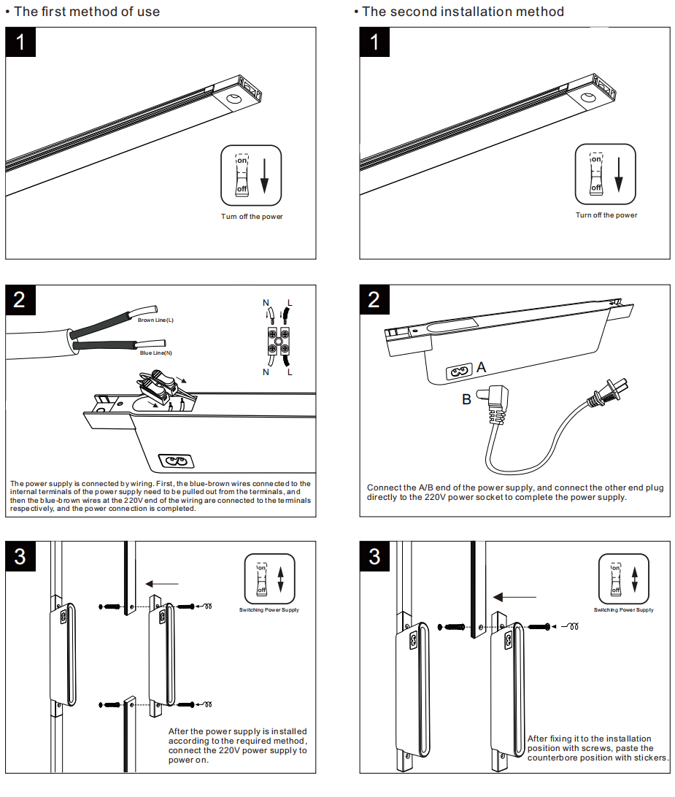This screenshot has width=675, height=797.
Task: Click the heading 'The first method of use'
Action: click(x=86, y=11)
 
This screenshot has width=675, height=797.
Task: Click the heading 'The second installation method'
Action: click(x=462, y=11)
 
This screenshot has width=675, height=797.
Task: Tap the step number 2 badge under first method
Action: click(x=20, y=299)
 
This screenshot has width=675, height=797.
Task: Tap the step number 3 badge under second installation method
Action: click(x=374, y=556)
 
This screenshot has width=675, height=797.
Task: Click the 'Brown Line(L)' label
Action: click(x=155, y=320)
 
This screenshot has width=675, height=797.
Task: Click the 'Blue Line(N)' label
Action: click(x=155, y=353)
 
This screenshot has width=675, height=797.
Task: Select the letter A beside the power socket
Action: click(x=481, y=369)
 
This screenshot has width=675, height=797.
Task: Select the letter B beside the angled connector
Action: click(x=466, y=399)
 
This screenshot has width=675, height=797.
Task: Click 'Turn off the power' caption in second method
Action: click(x=606, y=215)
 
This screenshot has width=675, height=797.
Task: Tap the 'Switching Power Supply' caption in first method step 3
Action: click(x=269, y=610)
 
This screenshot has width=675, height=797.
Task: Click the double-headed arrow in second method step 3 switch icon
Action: click(x=634, y=580)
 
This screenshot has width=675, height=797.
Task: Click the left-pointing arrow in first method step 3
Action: click(x=162, y=583)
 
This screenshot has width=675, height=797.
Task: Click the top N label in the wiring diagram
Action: click(x=266, y=303)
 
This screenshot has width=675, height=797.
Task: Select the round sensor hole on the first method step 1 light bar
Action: click(x=234, y=99)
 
